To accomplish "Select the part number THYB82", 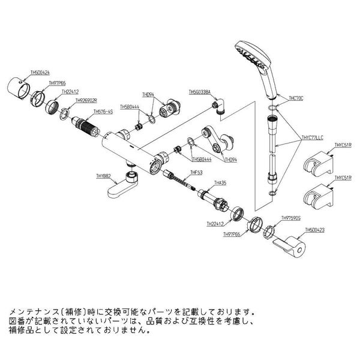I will coord(103,176).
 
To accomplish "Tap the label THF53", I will coord(195,172).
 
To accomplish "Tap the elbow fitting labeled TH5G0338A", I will coord(218,108).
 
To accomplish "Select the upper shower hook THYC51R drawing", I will coord(319,164).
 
